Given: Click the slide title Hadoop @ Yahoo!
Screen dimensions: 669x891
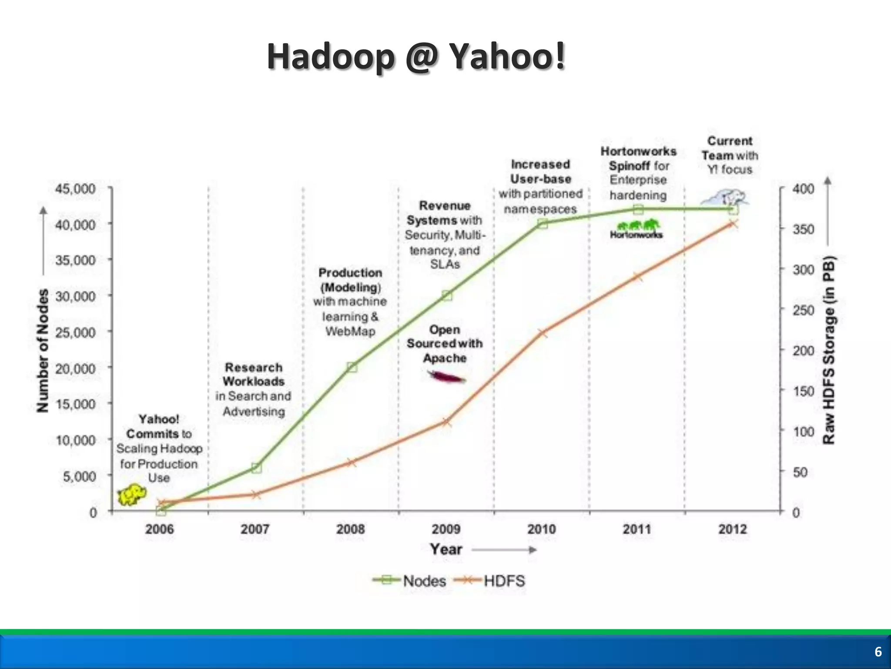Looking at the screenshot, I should [x=416, y=57].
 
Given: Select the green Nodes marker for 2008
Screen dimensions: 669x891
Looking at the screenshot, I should [x=352, y=367].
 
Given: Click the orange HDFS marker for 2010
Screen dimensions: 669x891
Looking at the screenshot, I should [x=543, y=334].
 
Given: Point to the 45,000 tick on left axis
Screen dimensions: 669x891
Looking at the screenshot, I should [x=75, y=189].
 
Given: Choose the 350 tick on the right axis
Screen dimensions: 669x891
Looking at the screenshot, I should [x=803, y=229].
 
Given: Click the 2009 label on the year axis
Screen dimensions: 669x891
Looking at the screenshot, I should [x=446, y=529].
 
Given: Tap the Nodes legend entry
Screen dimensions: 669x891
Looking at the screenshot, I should [x=409, y=581].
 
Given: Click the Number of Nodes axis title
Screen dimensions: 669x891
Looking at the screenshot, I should [x=43, y=351].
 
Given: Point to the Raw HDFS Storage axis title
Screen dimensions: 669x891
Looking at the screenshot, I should [x=829, y=351].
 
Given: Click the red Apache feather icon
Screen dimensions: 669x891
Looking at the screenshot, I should [x=446, y=376].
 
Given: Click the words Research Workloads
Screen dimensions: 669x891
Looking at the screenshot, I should [x=254, y=374].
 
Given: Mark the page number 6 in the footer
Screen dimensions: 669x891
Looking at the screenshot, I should [x=878, y=652].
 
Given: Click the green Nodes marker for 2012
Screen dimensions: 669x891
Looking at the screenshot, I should [x=733, y=210].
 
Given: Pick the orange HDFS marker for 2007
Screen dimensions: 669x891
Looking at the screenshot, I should [x=256, y=494].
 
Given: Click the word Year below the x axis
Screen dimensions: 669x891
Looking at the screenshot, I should [x=446, y=549].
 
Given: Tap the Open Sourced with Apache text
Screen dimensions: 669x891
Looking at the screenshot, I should [x=445, y=344].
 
